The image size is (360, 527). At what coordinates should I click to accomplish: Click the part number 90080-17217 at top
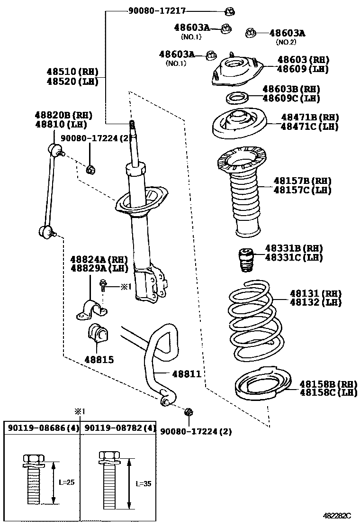click(157, 10)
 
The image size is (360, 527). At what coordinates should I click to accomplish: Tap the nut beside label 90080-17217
click(231, 10)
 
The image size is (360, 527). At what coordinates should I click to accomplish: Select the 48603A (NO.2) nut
click(251, 33)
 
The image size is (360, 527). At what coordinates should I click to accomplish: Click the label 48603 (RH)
click(303, 60)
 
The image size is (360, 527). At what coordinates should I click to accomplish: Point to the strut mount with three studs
click(235, 71)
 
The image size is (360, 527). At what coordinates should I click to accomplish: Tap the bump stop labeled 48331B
click(246, 260)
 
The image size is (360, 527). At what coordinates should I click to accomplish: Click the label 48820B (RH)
click(63, 115)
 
